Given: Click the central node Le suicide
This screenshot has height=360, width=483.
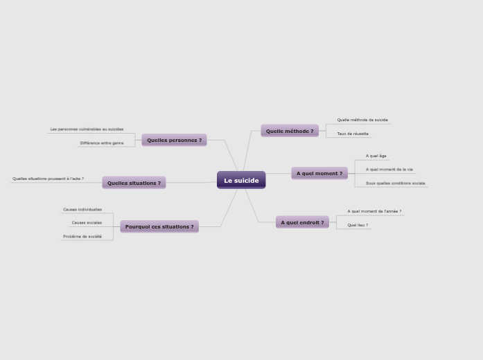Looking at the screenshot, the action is click(x=241, y=180).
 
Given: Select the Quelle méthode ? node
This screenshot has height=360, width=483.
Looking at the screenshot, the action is click(x=290, y=131).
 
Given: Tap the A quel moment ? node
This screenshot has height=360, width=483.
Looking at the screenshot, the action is click(x=319, y=173).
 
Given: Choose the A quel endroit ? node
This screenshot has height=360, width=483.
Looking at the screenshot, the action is click(x=302, y=222).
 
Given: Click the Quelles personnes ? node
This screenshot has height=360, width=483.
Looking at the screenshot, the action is click(x=174, y=140).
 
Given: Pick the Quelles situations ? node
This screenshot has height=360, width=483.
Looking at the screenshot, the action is click(x=134, y=183).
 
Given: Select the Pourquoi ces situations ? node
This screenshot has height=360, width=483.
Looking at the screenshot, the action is click(x=159, y=226).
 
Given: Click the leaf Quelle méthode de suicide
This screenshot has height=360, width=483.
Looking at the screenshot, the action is click(x=362, y=120).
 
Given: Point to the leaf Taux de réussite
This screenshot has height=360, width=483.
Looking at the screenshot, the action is click(x=353, y=134).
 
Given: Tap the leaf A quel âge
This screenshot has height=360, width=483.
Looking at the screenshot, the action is click(x=376, y=156).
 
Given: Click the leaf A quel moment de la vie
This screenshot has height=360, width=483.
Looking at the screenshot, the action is click(x=389, y=169).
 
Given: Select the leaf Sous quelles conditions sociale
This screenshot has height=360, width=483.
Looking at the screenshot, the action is click(x=396, y=183).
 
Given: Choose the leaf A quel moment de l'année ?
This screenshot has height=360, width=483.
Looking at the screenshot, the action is click(x=374, y=211).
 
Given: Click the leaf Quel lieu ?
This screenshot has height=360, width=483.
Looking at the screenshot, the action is click(x=358, y=225).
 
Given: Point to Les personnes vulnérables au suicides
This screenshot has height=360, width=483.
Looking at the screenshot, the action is click(x=87, y=129).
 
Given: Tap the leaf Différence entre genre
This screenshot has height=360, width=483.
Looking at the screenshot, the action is click(x=102, y=143).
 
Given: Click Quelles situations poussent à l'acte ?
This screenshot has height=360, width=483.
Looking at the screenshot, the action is click(x=48, y=179).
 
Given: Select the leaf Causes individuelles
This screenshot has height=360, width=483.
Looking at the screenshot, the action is click(x=82, y=209).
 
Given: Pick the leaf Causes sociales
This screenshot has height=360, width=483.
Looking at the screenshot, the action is click(x=87, y=222).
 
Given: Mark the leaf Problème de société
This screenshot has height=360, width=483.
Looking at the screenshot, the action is click(x=82, y=236).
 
